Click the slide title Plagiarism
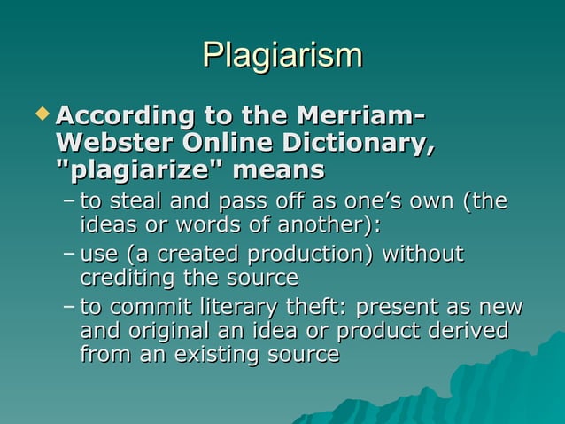point(282,55)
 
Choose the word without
point(422,255)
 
